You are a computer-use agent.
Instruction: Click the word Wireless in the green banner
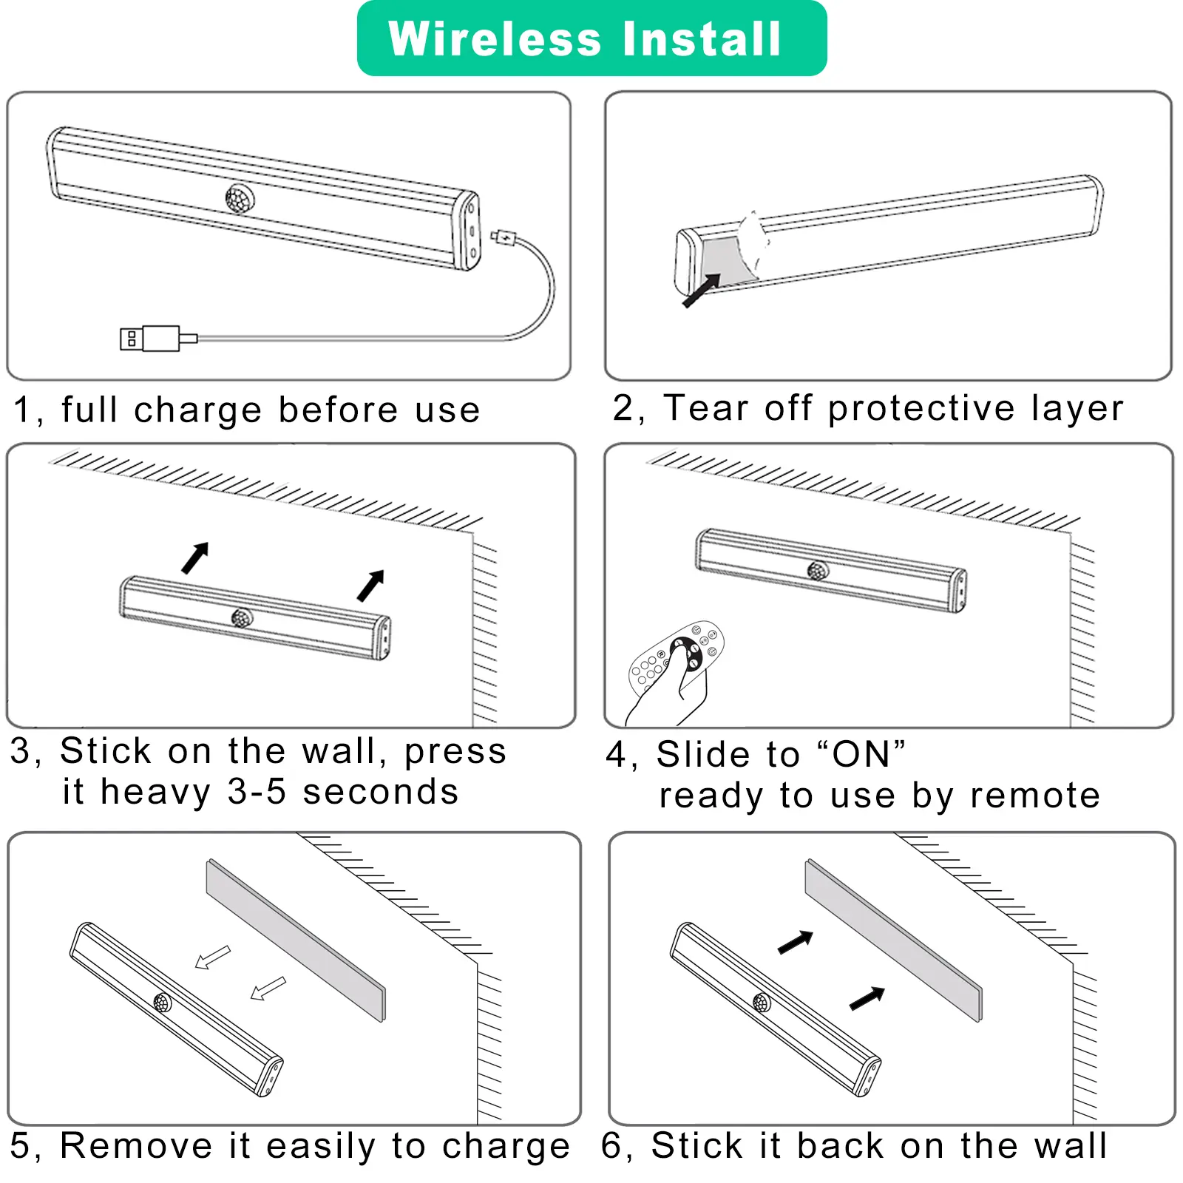coord(495,38)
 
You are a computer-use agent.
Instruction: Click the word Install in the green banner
coord(702,38)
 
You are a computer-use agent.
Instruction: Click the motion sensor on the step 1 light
coord(240,198)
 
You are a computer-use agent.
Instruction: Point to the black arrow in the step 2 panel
coord(701,290)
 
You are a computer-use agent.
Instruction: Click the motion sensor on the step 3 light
coord(241,617)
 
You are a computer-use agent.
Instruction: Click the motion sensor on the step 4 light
coord(817,570)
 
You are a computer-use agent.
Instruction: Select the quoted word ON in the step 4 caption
coord(861,755)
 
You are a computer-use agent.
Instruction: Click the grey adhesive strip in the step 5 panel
coord(296,940)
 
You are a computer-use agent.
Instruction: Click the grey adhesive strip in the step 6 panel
coord(893,940)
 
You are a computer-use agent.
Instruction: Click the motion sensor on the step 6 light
coord(762,1003)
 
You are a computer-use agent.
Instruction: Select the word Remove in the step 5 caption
coord(137,1146)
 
